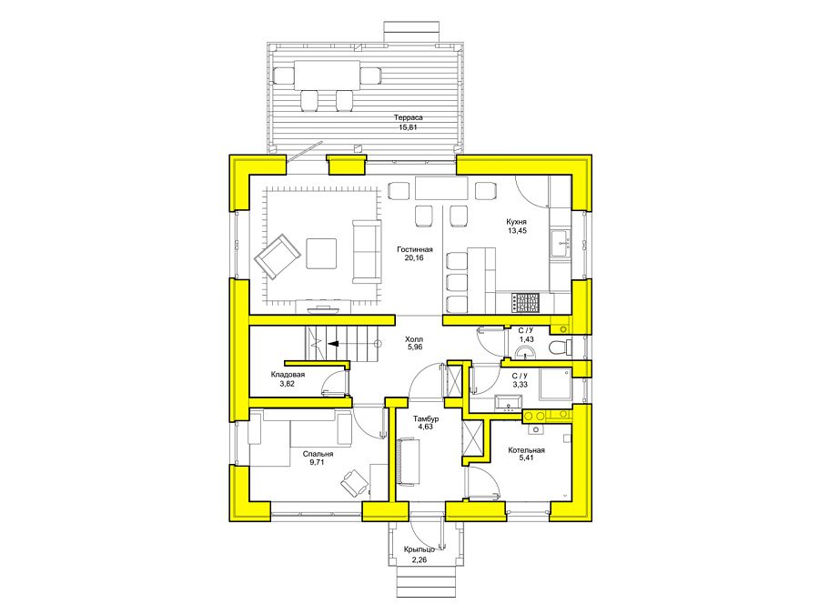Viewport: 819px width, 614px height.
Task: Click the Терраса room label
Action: pos(408,117)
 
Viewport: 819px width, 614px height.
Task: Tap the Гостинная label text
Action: pos(414,249)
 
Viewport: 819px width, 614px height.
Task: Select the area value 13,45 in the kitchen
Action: pos(517,230)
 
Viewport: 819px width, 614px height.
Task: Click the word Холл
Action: pos(414,339)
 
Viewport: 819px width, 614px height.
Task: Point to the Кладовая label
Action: pos(288,375)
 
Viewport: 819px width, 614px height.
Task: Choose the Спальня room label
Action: pos(318,454)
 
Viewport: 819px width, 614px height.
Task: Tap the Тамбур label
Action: pos(426,418)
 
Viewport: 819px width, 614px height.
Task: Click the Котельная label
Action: pos(526,450)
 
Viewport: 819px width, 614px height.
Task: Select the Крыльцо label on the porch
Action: pos(419,549)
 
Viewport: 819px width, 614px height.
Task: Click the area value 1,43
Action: pos(527,339)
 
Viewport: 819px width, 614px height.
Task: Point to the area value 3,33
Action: pos(521,384)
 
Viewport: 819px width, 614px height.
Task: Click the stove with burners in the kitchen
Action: pos(525,303)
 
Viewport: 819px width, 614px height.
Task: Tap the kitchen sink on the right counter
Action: pos(561,243)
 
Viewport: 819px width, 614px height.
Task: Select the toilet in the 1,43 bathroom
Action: pos(561,347)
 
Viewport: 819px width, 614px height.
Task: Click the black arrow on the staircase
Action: pos(333,344)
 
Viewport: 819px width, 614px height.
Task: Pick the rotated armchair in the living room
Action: pos(277,256)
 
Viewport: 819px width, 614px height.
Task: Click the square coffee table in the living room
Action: pos(320,253)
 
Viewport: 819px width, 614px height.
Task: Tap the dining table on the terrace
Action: pos(327,75)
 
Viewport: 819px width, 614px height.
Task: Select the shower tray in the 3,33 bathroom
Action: pos(555,384)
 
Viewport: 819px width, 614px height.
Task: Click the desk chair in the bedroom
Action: pos(355,482)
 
